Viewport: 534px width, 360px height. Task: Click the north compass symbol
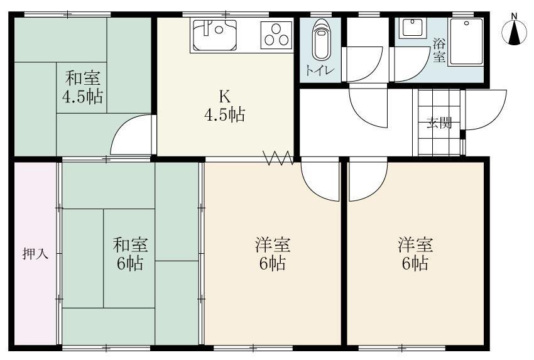click(x=515, y=32)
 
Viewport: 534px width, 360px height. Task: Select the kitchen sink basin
click(x=214, y=35)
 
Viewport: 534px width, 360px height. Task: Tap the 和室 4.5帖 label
click(x=82, y=88)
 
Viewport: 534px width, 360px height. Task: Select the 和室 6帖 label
click(x=130, y=253)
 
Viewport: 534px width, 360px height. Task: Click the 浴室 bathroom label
click(x=439, y=50)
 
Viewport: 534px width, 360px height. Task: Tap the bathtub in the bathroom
click(x=467, y=42)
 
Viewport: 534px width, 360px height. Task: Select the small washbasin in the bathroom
click(x=413, y=28)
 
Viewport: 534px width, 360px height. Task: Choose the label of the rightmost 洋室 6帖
click(x=415, y=253)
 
